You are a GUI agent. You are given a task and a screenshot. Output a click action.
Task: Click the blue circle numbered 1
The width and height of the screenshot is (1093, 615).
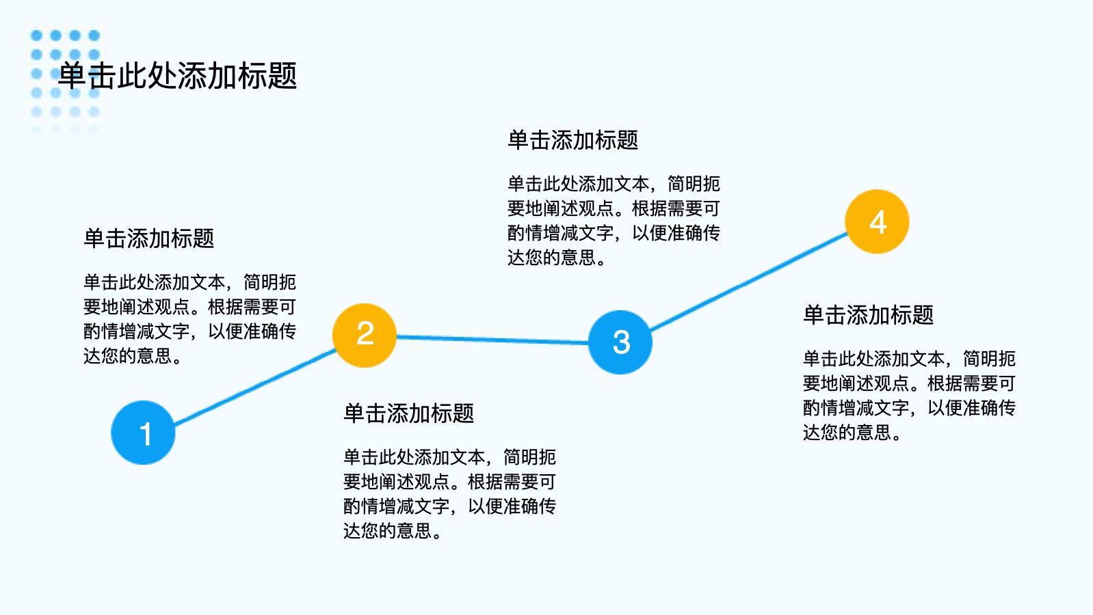pyautogui.click(x=143, y=433)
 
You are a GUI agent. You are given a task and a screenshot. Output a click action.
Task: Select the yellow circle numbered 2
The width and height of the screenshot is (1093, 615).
pyautogui.click(x=365, y=336)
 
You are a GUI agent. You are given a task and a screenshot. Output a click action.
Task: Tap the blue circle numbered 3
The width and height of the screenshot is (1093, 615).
pyautogui.click(x=620, y=342)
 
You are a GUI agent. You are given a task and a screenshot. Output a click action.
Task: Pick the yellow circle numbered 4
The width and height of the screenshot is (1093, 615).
pyautogui.click(x=877, y=221)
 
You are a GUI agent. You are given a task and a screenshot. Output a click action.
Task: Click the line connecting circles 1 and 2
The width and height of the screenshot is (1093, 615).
pyautogui.click(x=254, y=387)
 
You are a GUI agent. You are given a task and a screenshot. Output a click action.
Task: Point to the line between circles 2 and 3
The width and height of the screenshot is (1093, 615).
pyautogui.click(x=492, y=340)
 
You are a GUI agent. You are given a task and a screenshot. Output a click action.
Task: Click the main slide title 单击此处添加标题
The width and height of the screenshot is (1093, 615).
pyautogui.click(x=178, y=76)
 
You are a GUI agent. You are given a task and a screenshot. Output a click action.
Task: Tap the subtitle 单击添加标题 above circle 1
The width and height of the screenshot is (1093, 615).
pyautogui.click(x=149, y=238)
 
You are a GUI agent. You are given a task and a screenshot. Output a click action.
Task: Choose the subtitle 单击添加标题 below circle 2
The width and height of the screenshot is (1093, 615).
pyautogui.click(x=409, y=413)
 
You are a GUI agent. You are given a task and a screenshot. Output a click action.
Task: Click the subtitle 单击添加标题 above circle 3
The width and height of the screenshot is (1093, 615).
pyautogui.click(x=573, y=140)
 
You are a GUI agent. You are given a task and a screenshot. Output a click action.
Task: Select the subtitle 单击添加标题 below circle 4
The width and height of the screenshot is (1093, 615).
pyautogui.click(x=869, y=315)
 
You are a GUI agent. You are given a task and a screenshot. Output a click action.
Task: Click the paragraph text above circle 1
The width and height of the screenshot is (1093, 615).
pyautogui.click(x=190, y=319)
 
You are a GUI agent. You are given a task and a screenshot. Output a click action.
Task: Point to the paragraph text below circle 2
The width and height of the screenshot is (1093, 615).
pyautogui.click(x=449, y=494)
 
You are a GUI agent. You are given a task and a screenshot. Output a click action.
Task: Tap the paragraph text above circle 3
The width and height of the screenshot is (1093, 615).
pyautogui.click(x=614, y=221)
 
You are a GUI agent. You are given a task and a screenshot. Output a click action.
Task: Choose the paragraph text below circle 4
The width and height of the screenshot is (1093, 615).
pyautogui.click(x=910, y=396)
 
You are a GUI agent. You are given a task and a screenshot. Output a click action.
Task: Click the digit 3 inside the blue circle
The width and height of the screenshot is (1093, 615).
pyautogui.click(x=621, y=342)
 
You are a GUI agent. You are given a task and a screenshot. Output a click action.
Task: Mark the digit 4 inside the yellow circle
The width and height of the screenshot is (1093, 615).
pyautogui.click(x=878, y=222)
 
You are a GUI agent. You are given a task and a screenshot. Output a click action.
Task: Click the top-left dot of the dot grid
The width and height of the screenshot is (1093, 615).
pyautogui.click(x=37, y=35)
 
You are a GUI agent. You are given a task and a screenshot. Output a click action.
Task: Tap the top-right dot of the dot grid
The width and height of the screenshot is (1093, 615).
pyautogui.click(x=94, y=35)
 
